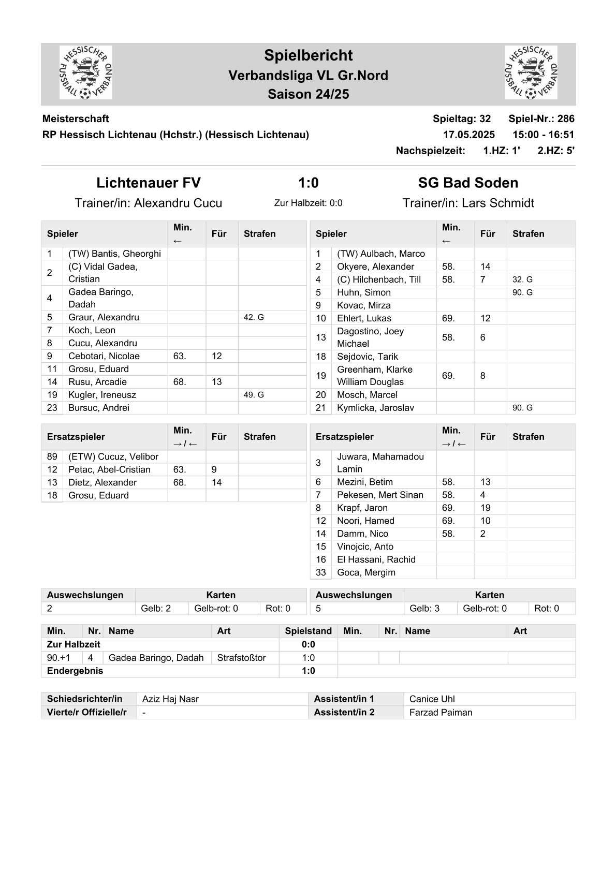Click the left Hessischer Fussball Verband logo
pyautogui.click(x=86, y=72)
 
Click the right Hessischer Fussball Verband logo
pyautogui.click(x=531, y=72)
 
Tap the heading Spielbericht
pyautogui.click(x=308, y=55)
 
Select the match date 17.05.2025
pyautogui.click(x=468, y=135)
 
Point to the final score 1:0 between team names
pyautogui.click(x=308, y=183)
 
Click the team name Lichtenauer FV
pyautogui.click(x=149, y=183)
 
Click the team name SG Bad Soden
pyautogui.click(x=468, y=183)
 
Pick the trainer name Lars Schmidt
pyautogui.click(x=497, y=203)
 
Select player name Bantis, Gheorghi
pyautogui.click(x=114, y=254)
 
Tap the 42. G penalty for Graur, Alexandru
pyautogui.click(x=254, y=317)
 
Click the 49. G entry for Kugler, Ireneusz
pyautogui.click(x=254, y=395)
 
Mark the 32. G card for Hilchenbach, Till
pyautogui.click(x=522, y=279)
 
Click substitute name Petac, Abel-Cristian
pyautogui.click(x=109, y=469)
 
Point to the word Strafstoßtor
pyautogui.click(x=241, y=658)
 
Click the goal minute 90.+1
pyautogui.click(x=58, y=658)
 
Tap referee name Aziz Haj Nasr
pyautogui.click(x=170, y=699)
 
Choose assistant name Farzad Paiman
pyautogui.click(x=441, y=713)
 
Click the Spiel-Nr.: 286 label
pyautogui.click(x=541, y=119)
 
